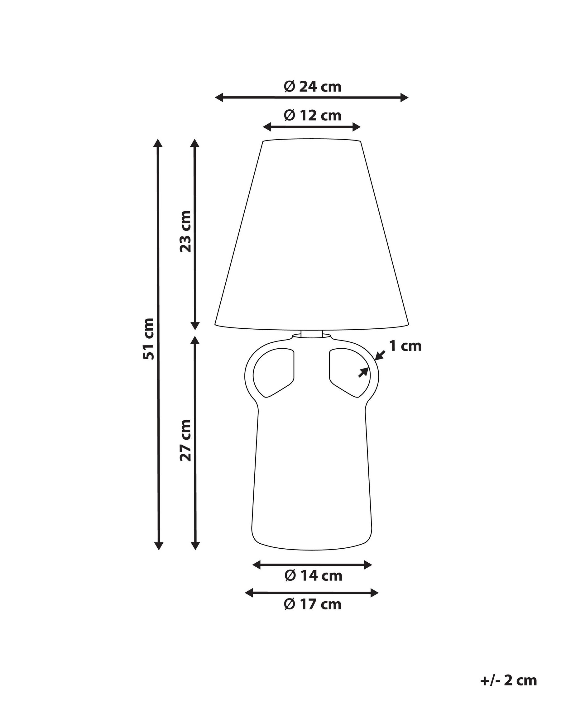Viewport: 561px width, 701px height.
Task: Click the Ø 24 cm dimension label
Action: (x=313, y=87)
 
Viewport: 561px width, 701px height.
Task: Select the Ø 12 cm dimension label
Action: (x=313, y=115)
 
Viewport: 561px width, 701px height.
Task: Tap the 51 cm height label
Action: (x=148, y=339)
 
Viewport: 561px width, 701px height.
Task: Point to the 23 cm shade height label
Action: (x=185, y=231)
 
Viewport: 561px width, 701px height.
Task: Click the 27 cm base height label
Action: (x=185, y=440)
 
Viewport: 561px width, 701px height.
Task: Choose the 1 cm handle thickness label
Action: (x=405, y=346)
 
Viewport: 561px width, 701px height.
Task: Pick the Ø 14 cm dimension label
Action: (x=314, y=576)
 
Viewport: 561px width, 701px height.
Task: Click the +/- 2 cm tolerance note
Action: (x=509, y=669)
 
